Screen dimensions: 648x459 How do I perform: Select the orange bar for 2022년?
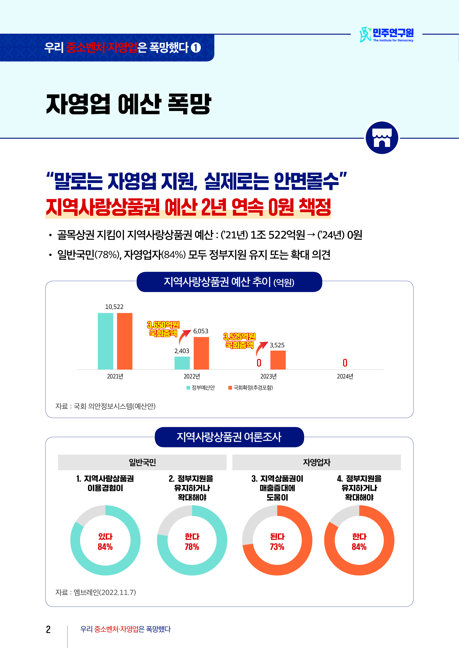tap(201, 353)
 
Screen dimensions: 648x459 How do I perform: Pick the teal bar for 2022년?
tap(182, 363)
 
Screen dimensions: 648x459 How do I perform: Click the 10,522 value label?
tap(114, 307)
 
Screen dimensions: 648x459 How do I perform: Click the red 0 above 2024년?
tap(345, 363)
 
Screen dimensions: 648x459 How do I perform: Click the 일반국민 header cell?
tap(142, 462)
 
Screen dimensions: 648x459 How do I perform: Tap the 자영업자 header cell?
tap(317, 462)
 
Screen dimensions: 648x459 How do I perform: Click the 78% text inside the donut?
tap(192, 547)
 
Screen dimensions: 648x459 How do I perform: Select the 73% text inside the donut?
tap(277, 547)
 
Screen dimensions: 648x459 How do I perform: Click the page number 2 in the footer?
tap(48, 629)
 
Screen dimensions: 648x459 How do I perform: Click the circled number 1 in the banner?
tap(196, 47)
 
